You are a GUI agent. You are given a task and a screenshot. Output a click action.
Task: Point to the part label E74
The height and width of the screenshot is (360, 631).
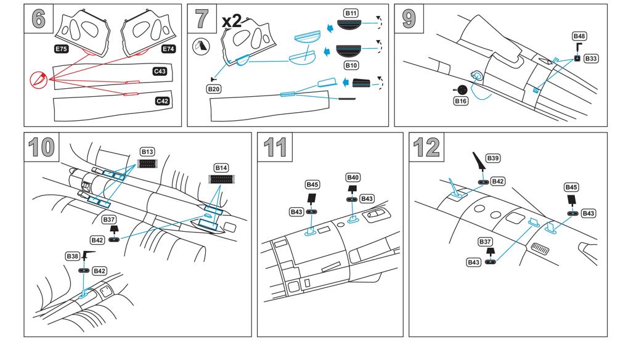168,48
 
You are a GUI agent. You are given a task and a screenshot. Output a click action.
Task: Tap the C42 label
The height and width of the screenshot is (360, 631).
162,100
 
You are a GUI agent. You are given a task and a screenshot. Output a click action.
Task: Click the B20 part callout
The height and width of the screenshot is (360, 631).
214,89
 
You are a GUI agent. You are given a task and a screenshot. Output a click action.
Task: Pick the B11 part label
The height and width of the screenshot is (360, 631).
351,13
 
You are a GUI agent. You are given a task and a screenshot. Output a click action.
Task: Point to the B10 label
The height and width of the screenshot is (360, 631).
351,64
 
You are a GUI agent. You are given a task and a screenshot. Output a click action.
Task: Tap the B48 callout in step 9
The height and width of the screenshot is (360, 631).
579,36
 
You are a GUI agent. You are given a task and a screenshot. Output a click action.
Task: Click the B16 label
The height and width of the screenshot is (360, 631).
460,100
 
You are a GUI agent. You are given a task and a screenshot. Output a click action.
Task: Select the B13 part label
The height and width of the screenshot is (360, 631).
147,151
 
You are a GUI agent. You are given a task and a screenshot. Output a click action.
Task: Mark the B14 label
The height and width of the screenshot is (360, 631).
221,168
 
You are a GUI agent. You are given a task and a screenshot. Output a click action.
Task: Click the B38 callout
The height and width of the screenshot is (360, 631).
71,255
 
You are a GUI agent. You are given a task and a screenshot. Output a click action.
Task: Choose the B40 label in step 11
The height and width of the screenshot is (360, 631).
353,178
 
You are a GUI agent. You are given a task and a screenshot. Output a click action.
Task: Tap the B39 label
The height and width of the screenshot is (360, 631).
493,158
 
